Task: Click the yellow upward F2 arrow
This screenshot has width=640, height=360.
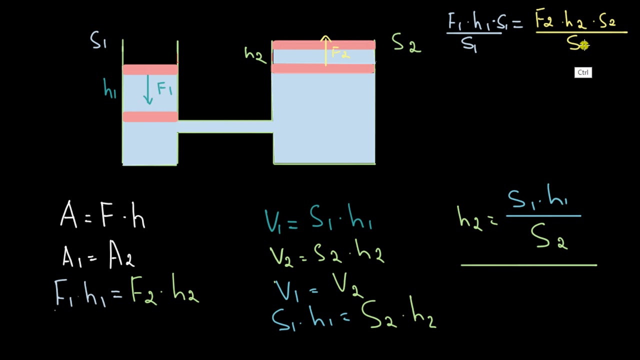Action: (x=326, y=50)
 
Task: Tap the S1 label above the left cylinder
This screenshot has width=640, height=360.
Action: (x=98, y=40)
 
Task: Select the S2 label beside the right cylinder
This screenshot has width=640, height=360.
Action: (x=406, y=43)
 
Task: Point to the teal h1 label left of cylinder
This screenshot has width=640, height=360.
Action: (x=109, y=89)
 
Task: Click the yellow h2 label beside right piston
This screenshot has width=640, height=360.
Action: (x=254, y=54)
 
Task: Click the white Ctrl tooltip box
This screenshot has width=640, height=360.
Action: (x=583, y=72)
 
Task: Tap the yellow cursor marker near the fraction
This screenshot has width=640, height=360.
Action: (x=584, y=45)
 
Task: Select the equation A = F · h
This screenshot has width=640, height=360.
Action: (x=102, y=215)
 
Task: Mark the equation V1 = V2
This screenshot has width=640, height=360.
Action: (x=319, y=287)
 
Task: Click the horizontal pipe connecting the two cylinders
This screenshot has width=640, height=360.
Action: (x=225, y=126)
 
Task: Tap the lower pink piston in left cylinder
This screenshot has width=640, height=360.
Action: (x=150, y=116)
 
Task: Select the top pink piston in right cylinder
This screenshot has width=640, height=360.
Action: (x=323, y=45)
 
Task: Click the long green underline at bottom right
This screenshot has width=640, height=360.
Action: (x=528, y=265)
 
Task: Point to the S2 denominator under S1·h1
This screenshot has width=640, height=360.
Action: (x=549, y=236)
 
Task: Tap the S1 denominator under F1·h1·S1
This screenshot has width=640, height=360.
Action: (x=469, y=44)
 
